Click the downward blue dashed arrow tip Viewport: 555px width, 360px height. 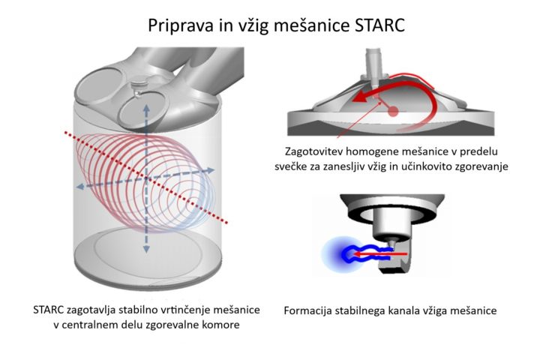[x=146, y=250]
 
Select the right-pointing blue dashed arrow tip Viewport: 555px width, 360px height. [x=211, y=170]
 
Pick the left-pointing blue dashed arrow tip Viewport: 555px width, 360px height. [x=79, y=186]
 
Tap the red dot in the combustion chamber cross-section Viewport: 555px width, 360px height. [x=393, y=112]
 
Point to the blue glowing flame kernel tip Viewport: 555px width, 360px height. [x=345, y=254]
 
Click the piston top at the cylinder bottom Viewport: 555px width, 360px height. [x=148, y=254]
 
